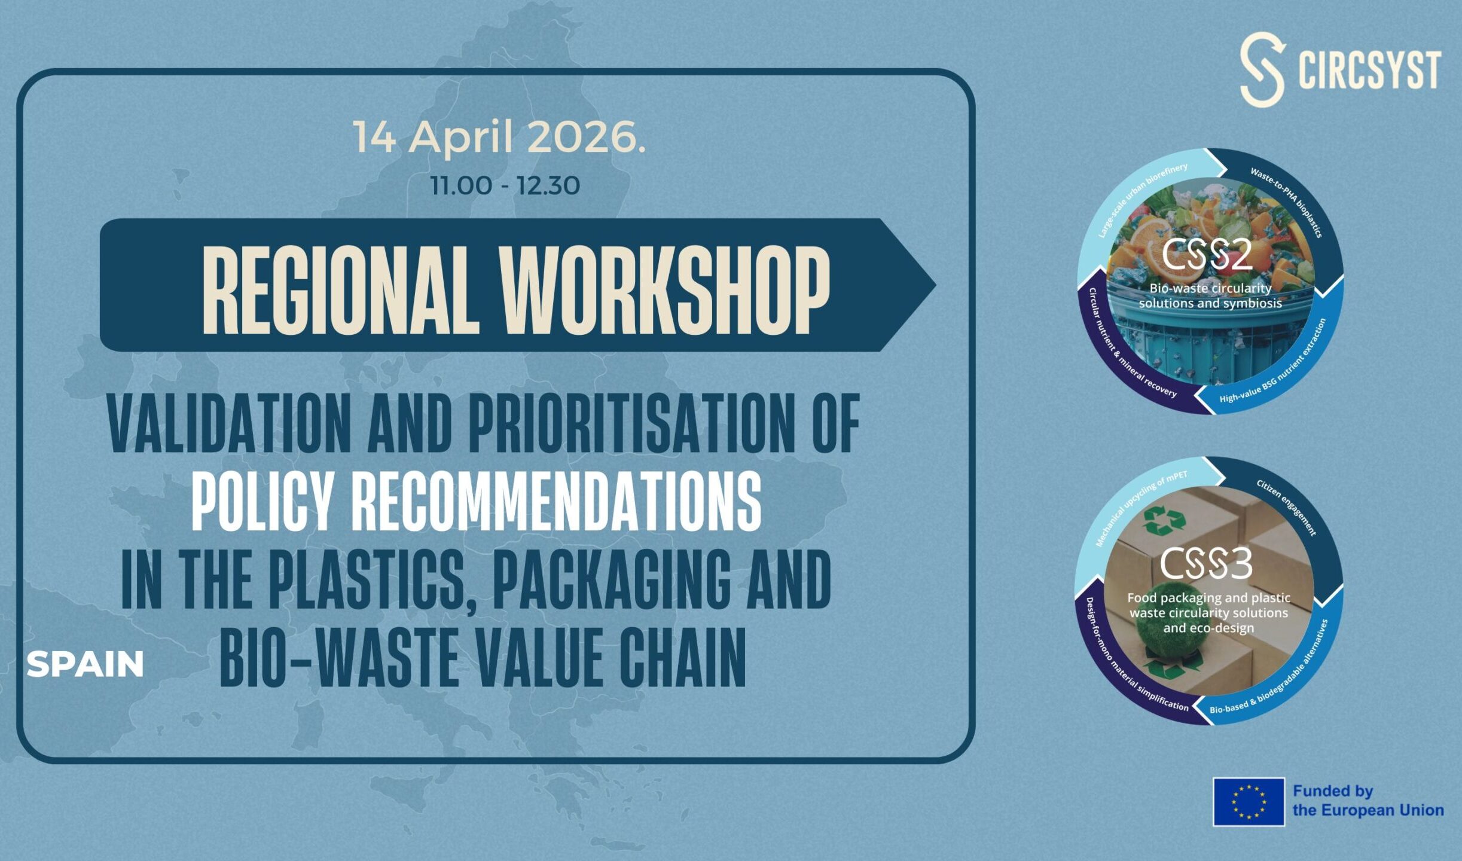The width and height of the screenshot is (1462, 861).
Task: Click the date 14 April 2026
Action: click(x=499, y=138)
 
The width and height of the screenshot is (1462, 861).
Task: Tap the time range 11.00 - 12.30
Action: click(x=505, y=185)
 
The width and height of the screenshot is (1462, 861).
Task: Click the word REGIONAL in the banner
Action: click(x=341, y=290)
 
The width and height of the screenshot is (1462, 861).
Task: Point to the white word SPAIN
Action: click(x=85, y=664)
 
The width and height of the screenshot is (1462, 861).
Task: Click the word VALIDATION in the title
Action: click(x=228, y=424)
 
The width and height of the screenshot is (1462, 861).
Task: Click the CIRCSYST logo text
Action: click(x=1370, y=70)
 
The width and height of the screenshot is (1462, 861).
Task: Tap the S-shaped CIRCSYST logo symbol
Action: click(x=1262, y=69)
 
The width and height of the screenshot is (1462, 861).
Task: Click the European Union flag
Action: click(x=1249, y=802)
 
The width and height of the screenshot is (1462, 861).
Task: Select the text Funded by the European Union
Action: click(x=1368, y=801)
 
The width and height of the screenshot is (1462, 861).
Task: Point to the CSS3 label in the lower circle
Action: click(x=1206, y=564)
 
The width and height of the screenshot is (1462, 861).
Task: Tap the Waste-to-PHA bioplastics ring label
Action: click(x=1287, y=201)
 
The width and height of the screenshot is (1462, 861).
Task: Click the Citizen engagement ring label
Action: click(x=1287, y=507)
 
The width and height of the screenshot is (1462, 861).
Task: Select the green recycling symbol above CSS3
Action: click(x=1163, y=520)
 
